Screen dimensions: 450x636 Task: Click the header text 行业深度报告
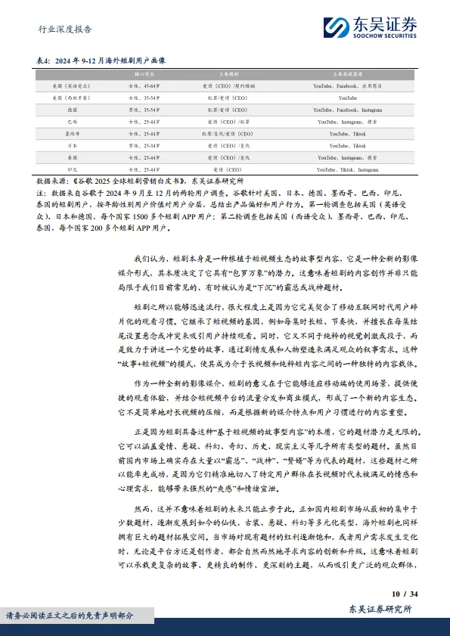65,29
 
